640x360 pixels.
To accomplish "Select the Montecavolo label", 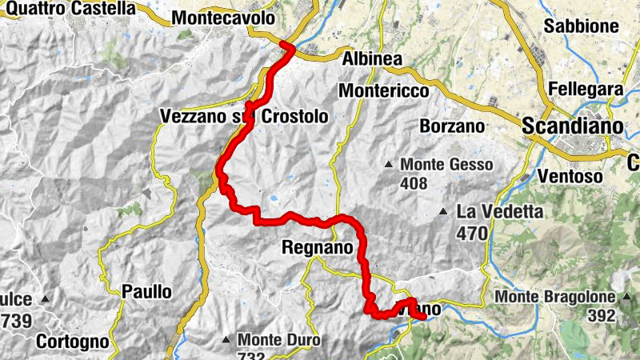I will point(223,18).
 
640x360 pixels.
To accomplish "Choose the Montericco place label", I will point(384,91).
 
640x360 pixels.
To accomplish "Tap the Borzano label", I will point(453,126).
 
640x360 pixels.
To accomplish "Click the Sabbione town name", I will point(582,26).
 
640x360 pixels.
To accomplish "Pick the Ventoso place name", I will point(570,175).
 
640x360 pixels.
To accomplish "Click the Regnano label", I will point(318,248).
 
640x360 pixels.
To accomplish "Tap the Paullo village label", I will point(146,292).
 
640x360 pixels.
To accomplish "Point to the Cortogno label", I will point(72,342).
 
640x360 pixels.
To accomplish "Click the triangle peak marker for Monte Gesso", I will point(389,165).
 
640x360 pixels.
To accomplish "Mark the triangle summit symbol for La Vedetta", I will point(443,212).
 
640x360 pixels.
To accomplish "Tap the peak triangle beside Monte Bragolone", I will point(624,297).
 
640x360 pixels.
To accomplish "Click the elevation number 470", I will point(473,234).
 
